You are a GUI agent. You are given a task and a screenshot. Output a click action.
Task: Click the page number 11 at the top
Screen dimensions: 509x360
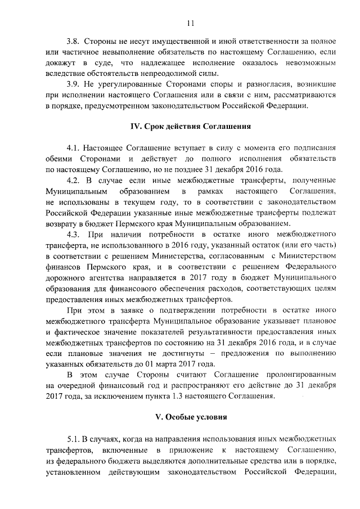pos(190,23)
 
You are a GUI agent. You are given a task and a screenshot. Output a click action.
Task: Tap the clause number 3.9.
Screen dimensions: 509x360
pos(74,85)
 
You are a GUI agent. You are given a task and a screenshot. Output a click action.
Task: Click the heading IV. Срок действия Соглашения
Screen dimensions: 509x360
pos(190,127)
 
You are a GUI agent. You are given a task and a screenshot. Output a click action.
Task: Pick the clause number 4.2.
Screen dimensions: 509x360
pos(74,181)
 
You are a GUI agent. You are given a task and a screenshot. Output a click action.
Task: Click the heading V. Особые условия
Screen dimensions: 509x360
pos(190,417)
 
